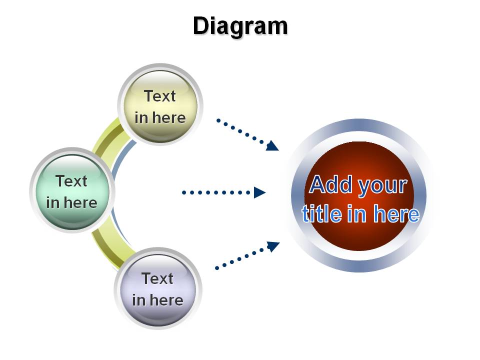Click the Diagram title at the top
tap(240, 27)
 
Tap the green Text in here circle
tap(72, 190)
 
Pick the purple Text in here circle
tap(158, 289)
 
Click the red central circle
tap(359, 196)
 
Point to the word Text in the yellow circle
tap(160, 96)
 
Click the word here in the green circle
tap(80, 202)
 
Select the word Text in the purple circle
tap(157, 278)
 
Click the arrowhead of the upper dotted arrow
tap(272, 146)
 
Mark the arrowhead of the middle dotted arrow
tap(260, 192)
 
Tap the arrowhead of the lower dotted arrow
tap(273, 246)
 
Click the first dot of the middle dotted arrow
tap(184, 192)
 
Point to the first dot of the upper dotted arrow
tap(218, 120)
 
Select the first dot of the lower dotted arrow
tap(217, 268)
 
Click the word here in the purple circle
tap(166, 300)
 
